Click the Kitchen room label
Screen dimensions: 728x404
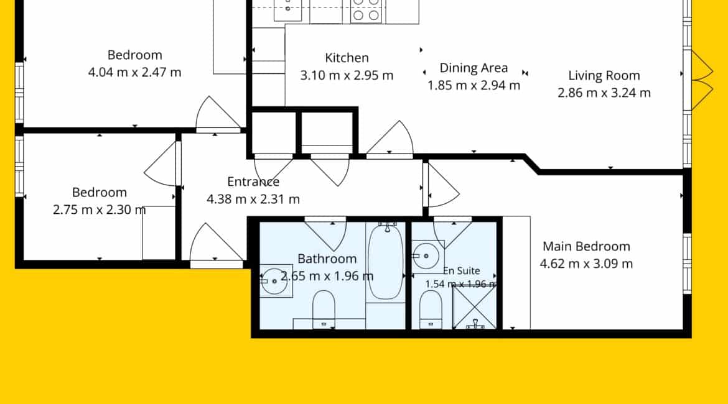click(x=347, y=58)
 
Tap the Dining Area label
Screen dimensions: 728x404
click(x=474, y=68)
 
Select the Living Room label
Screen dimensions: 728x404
click(x=604, y=76)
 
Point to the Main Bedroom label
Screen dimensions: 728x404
click(x=586, y=246)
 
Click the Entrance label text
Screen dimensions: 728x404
click(x=253, y=181)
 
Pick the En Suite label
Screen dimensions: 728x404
click(x=462, y=271)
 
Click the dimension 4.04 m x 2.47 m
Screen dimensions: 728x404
click(x=134, y=72)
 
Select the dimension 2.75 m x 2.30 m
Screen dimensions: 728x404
click(x=100, y=209)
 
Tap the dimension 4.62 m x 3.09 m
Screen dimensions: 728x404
click(x=586, y=264)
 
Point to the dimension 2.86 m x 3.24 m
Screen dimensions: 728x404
click(x=604, y=93)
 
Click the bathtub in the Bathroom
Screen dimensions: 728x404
click(x=385, y=262)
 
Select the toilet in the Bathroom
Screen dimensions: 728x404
click(x=324, y=310)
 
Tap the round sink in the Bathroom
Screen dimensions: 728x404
click(x=274, y=281)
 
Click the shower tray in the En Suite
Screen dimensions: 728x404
click(x=474, y=306)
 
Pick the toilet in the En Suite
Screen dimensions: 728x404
click(x=431, y=310)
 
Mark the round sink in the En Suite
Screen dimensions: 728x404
click(x=426, y=255)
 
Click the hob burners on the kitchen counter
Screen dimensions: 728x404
click(x=366, y=10)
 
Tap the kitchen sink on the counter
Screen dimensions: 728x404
click(x=287, y=9)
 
